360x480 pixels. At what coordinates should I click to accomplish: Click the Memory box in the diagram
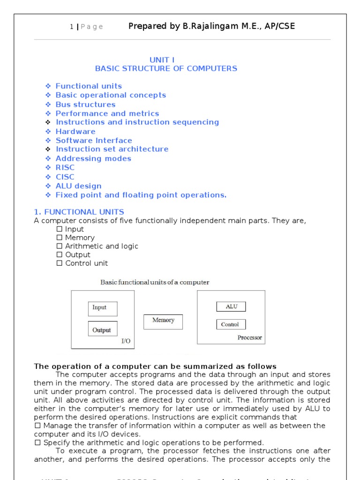click(x=163, y=322)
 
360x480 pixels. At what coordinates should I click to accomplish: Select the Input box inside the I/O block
click(x=102, y=308)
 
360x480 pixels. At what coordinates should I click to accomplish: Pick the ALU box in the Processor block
click(x=231, y=307)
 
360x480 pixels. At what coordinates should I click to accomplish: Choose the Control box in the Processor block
click(x=230, y=324)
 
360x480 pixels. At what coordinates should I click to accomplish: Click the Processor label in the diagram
click(x=249, y=337)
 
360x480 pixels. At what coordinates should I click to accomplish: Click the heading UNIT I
click(x=162, y=60)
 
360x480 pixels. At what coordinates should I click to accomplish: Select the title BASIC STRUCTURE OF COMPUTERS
click(x=166, y=68)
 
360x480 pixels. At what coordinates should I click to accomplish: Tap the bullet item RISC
click(x=65, y=167)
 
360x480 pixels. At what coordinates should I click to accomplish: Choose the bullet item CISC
click(x=65, y=177)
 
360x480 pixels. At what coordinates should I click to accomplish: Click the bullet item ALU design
click(x=78, y=186)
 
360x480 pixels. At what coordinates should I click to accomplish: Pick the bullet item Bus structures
click(x=85, y=104)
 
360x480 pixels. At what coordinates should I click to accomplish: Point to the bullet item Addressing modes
click(x=93, y=158)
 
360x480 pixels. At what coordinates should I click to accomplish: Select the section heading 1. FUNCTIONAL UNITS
click(x=79, y=212)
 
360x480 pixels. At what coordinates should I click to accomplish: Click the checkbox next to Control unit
click(x=59, y=263)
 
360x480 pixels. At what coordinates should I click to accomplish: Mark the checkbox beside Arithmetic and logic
click(x=59, y=246)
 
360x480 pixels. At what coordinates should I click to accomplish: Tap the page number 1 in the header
click(x=71, y=27)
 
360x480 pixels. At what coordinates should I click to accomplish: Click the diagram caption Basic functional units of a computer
click(x=155, y=282)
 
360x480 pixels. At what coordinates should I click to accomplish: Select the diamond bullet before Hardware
click(x=48, y=131)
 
